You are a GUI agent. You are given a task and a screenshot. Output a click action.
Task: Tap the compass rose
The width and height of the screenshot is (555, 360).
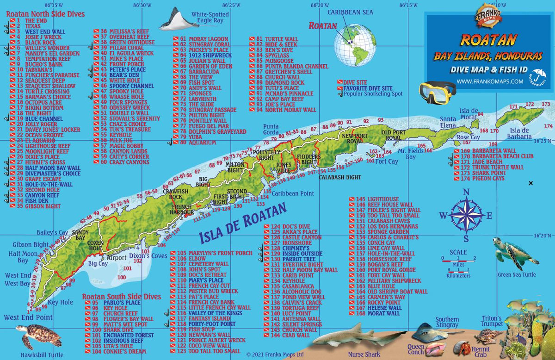point(466,215)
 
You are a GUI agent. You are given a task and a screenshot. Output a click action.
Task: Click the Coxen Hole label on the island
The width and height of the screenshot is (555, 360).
point(96,245)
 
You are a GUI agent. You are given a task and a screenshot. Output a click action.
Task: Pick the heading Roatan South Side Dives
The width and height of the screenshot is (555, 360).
point(122,297)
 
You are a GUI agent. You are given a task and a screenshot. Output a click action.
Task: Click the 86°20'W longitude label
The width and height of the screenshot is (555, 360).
point(320,5)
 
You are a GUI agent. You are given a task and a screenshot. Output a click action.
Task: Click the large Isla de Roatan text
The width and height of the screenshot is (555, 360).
point(242,224)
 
